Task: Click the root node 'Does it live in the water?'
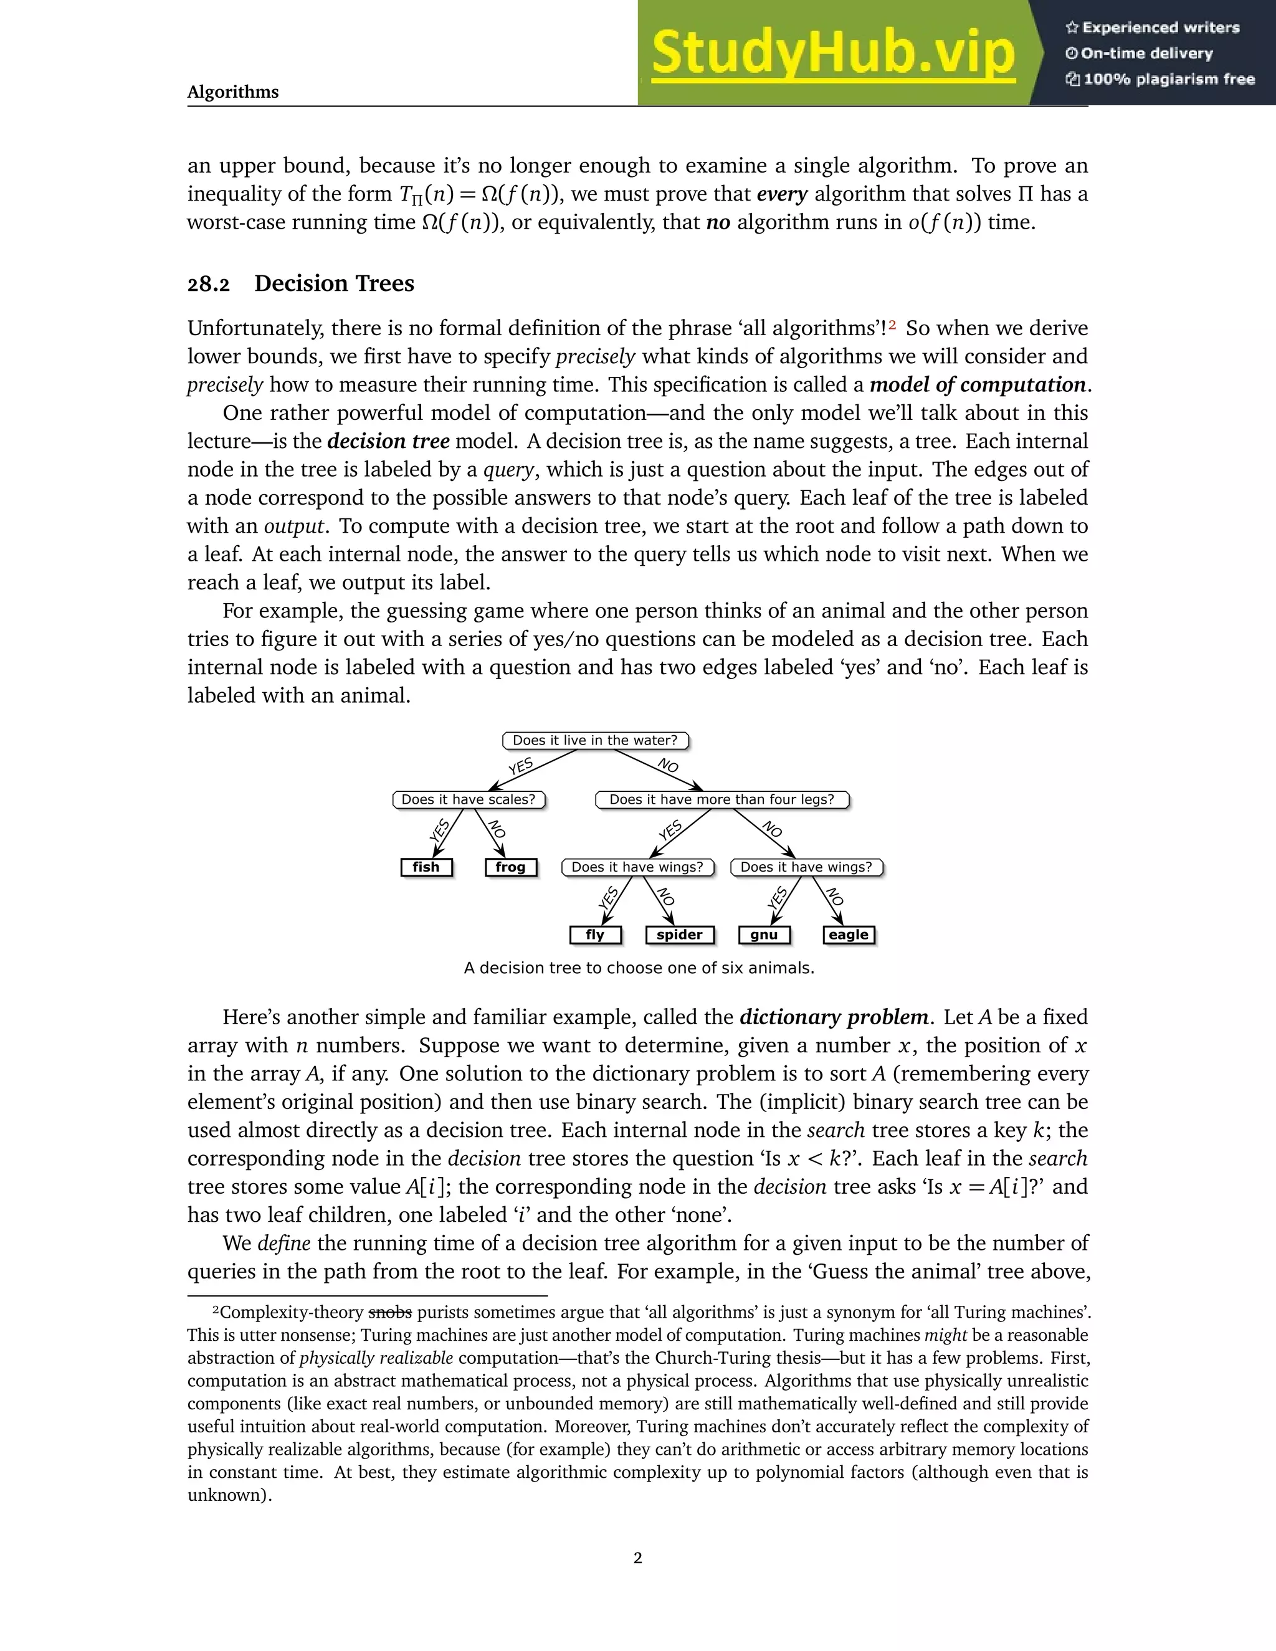click(595, 740)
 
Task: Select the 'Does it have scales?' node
click(468, 799)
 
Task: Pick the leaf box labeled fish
click(426, 867)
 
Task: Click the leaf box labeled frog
click(510, 867)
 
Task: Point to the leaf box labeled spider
click(679, 935)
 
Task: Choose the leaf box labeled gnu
click(763, 935)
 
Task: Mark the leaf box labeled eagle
click(848, 935)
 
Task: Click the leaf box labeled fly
click(595, 935)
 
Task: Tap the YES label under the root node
click(521, 766)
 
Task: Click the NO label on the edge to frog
click(496, 829)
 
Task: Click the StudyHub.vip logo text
click(832, 53)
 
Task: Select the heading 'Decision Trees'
click(334, 283)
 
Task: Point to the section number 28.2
click(208, 284)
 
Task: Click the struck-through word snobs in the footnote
click(389, 1312)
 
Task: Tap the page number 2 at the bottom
click(637, 1558)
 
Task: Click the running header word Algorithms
click(233, 92)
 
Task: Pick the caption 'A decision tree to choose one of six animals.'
click(639, 968)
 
